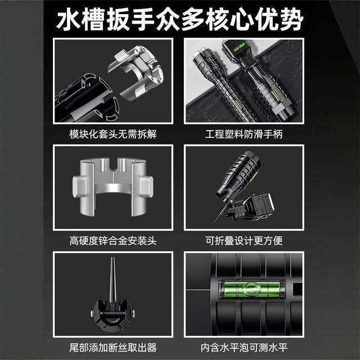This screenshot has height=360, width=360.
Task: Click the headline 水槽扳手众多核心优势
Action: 180,19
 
